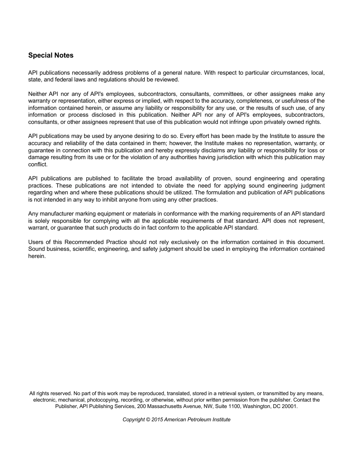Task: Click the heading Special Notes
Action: click(x=51, y=55)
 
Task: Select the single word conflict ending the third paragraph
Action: click(x=38, y=164)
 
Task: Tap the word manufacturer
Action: click(x=57, y=214)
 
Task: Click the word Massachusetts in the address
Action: click(x=166, y=406)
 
